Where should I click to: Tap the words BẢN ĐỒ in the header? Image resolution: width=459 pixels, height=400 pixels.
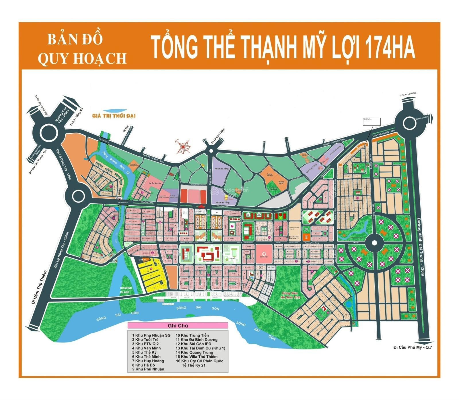75,40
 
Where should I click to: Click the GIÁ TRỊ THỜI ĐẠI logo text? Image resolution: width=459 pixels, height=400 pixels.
114,116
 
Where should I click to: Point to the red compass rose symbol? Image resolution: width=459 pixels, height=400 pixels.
183,146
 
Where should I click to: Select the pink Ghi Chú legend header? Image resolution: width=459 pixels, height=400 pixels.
178,326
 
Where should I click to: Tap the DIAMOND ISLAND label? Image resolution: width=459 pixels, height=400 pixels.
126,290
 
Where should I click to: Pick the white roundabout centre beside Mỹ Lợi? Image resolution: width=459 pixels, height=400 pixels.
374,243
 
